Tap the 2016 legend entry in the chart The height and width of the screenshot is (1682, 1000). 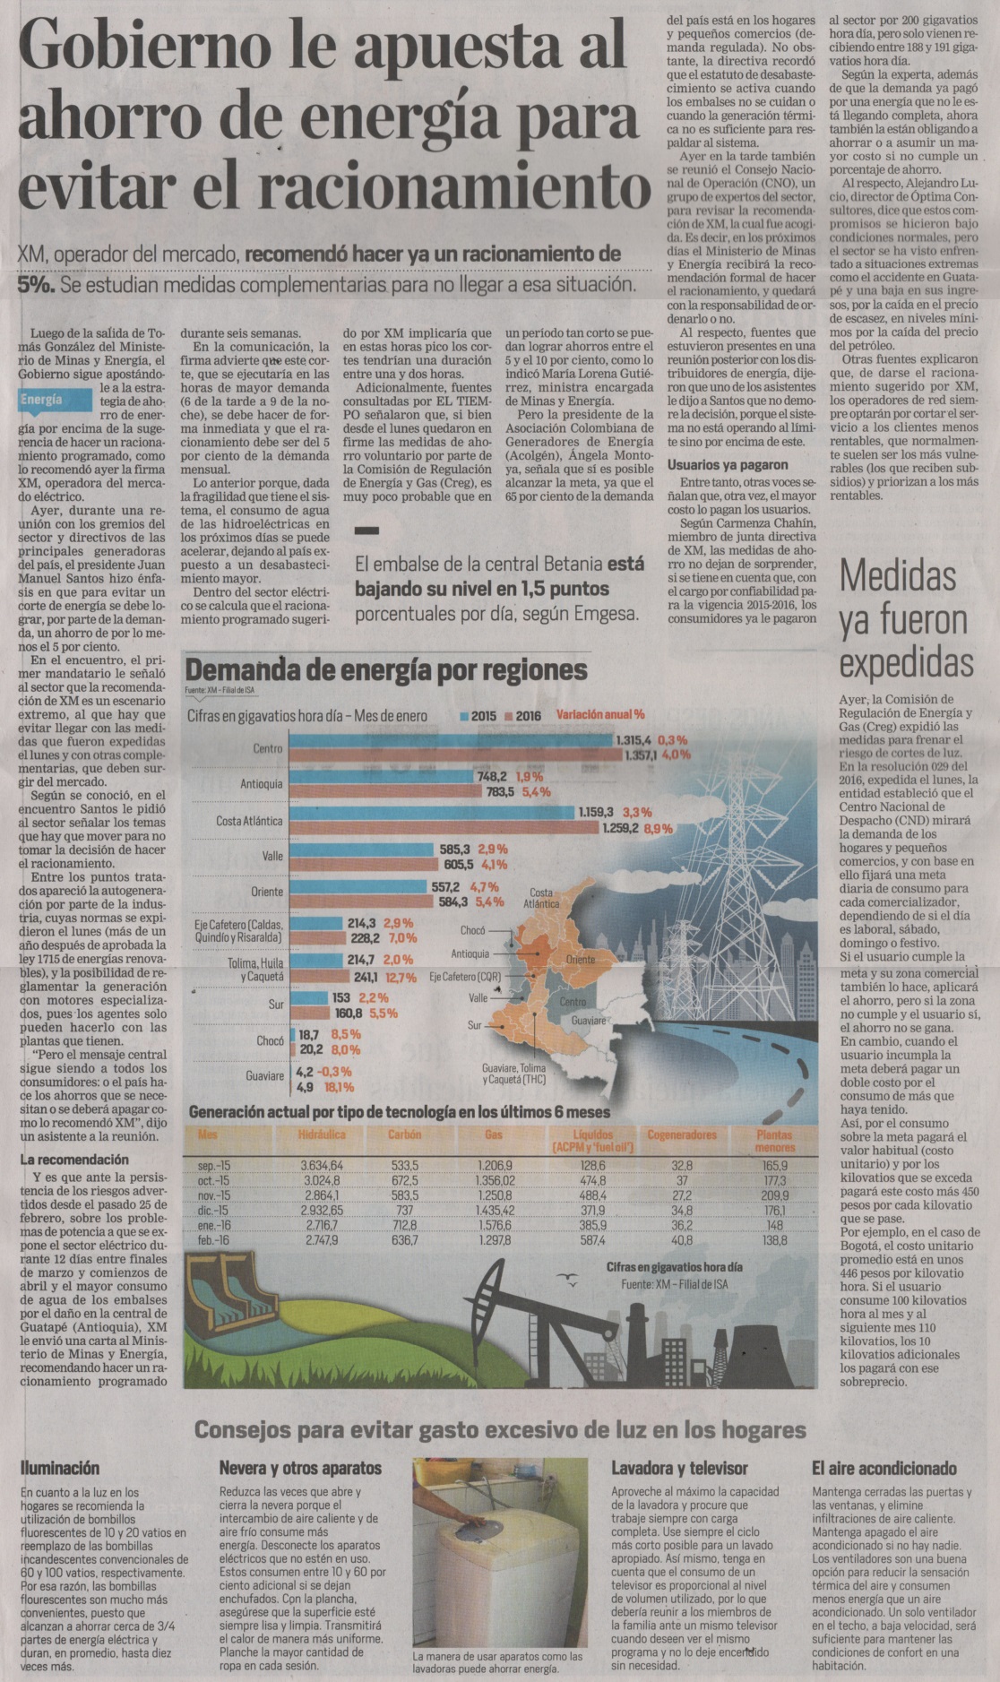tap(523, 716)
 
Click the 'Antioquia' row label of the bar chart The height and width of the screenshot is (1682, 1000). tap(261, 784)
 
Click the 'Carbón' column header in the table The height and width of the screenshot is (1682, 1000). tap(405, 1134)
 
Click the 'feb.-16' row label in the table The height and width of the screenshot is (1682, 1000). tap(213, 1240)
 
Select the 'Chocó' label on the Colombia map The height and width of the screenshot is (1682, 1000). tap(472, 930)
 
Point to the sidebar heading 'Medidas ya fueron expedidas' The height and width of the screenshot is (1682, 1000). tap(905, 620)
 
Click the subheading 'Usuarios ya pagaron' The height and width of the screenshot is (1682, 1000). tap(728, 464)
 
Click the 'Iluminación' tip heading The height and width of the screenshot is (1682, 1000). tap(60, 1469)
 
